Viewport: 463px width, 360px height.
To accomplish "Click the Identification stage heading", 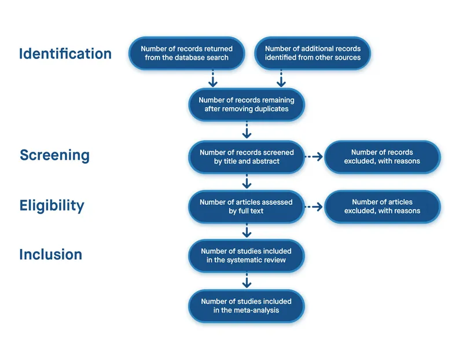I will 65,54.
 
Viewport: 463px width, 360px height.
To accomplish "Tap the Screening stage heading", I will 54,156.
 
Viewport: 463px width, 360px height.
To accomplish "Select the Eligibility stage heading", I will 52,206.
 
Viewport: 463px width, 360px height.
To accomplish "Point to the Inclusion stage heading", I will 50,255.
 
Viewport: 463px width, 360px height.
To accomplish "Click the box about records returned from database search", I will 185,53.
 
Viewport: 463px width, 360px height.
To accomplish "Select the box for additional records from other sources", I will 313,53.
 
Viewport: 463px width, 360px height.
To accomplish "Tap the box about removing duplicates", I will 247,105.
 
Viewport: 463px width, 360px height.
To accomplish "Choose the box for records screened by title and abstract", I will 247,157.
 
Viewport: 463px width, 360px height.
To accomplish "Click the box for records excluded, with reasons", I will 382,157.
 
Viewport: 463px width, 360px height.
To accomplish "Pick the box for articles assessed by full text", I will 247,207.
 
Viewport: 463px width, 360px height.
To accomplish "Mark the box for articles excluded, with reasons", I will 382,207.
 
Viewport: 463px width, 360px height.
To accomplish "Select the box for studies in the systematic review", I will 247,255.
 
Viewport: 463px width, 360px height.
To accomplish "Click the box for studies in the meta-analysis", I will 247,306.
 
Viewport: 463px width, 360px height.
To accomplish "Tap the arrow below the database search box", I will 213,78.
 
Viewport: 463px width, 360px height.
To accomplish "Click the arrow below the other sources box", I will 281,78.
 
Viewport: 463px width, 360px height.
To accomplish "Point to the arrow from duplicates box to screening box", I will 247,130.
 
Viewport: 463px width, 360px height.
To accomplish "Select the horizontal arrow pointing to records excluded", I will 314,157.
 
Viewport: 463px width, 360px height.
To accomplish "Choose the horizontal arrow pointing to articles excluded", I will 314,207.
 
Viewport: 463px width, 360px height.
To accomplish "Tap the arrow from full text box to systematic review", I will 247,231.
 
